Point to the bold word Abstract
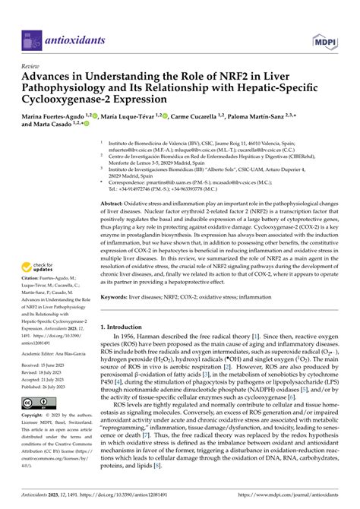(x=114, y=204)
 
